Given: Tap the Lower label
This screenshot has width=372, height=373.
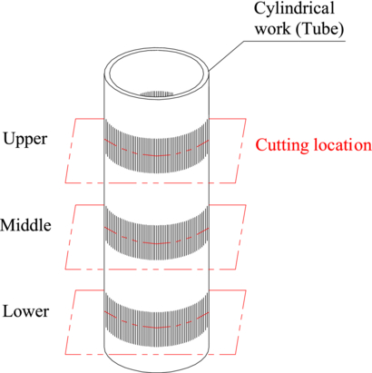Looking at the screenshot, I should (x=25, y=311).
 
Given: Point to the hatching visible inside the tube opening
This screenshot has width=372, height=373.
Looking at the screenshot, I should (x=161, y=93).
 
